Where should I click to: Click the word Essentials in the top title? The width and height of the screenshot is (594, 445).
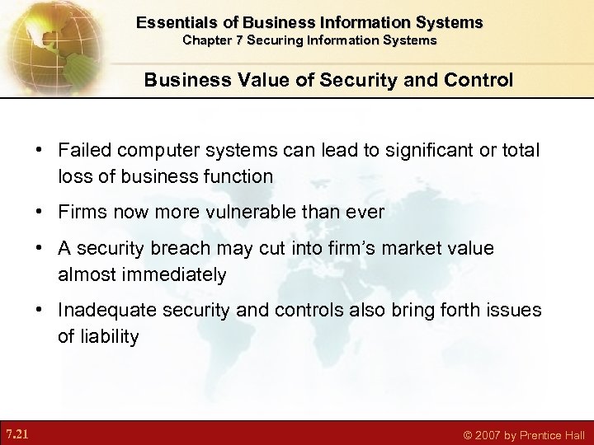(x=176, y=22)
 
